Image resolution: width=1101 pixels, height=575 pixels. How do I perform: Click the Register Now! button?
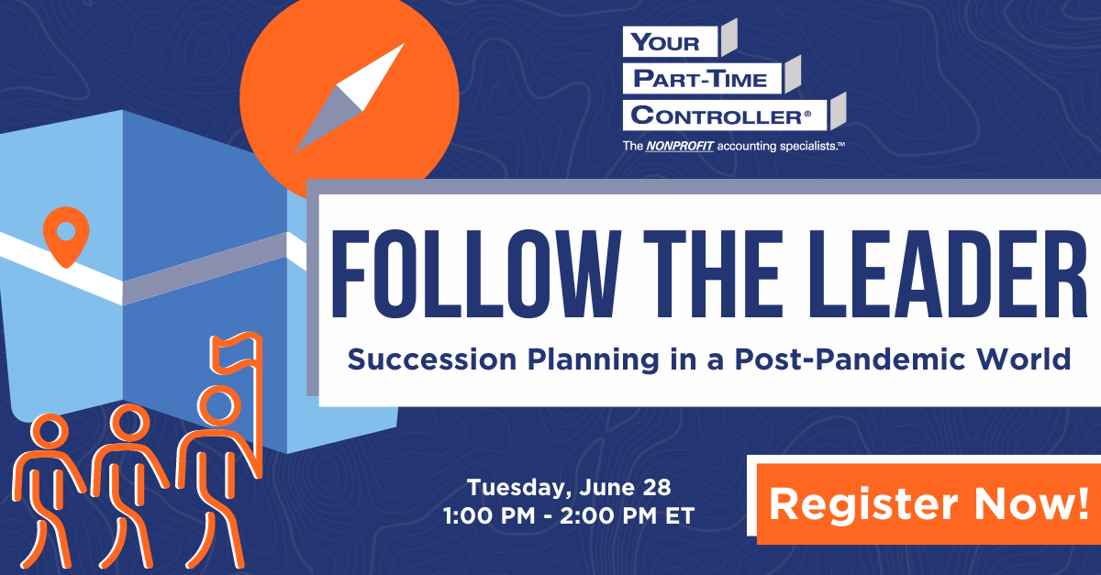pyautogui.click(x=929, y=503)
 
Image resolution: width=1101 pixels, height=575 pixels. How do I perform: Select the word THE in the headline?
pyautogui.click(x=713, y=273)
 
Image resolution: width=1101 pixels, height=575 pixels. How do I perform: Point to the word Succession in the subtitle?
pyautogui.click(x=432, y=359)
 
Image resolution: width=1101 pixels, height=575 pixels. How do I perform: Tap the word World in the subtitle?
pyautogui.click(x=1024, y=359)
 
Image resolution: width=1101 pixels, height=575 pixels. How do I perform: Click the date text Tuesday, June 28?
pyautogui.click(x=569, y=488)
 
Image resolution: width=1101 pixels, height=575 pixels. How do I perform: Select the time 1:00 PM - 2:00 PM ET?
pyautogui.click(x=569, y=516)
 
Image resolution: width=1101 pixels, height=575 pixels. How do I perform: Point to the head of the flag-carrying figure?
pyautogui.click(x=218, y=405)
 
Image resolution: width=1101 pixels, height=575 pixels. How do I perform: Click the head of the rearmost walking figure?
pyautogui.click(x=50, y=431)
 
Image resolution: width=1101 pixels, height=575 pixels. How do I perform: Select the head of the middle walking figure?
pyautogui.click(x=129, y=422)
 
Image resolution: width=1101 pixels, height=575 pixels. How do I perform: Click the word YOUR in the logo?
pyautogui.click(x=665, y=42)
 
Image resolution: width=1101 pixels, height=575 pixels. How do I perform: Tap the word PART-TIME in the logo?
pyautogui.click(x=700, y=79)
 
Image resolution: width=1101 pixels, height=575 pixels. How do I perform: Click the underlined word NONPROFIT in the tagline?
pyautogui.click(x=680, y=146)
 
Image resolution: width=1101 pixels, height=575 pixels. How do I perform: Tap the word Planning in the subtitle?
pyautogui.click(x=593, y=360)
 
